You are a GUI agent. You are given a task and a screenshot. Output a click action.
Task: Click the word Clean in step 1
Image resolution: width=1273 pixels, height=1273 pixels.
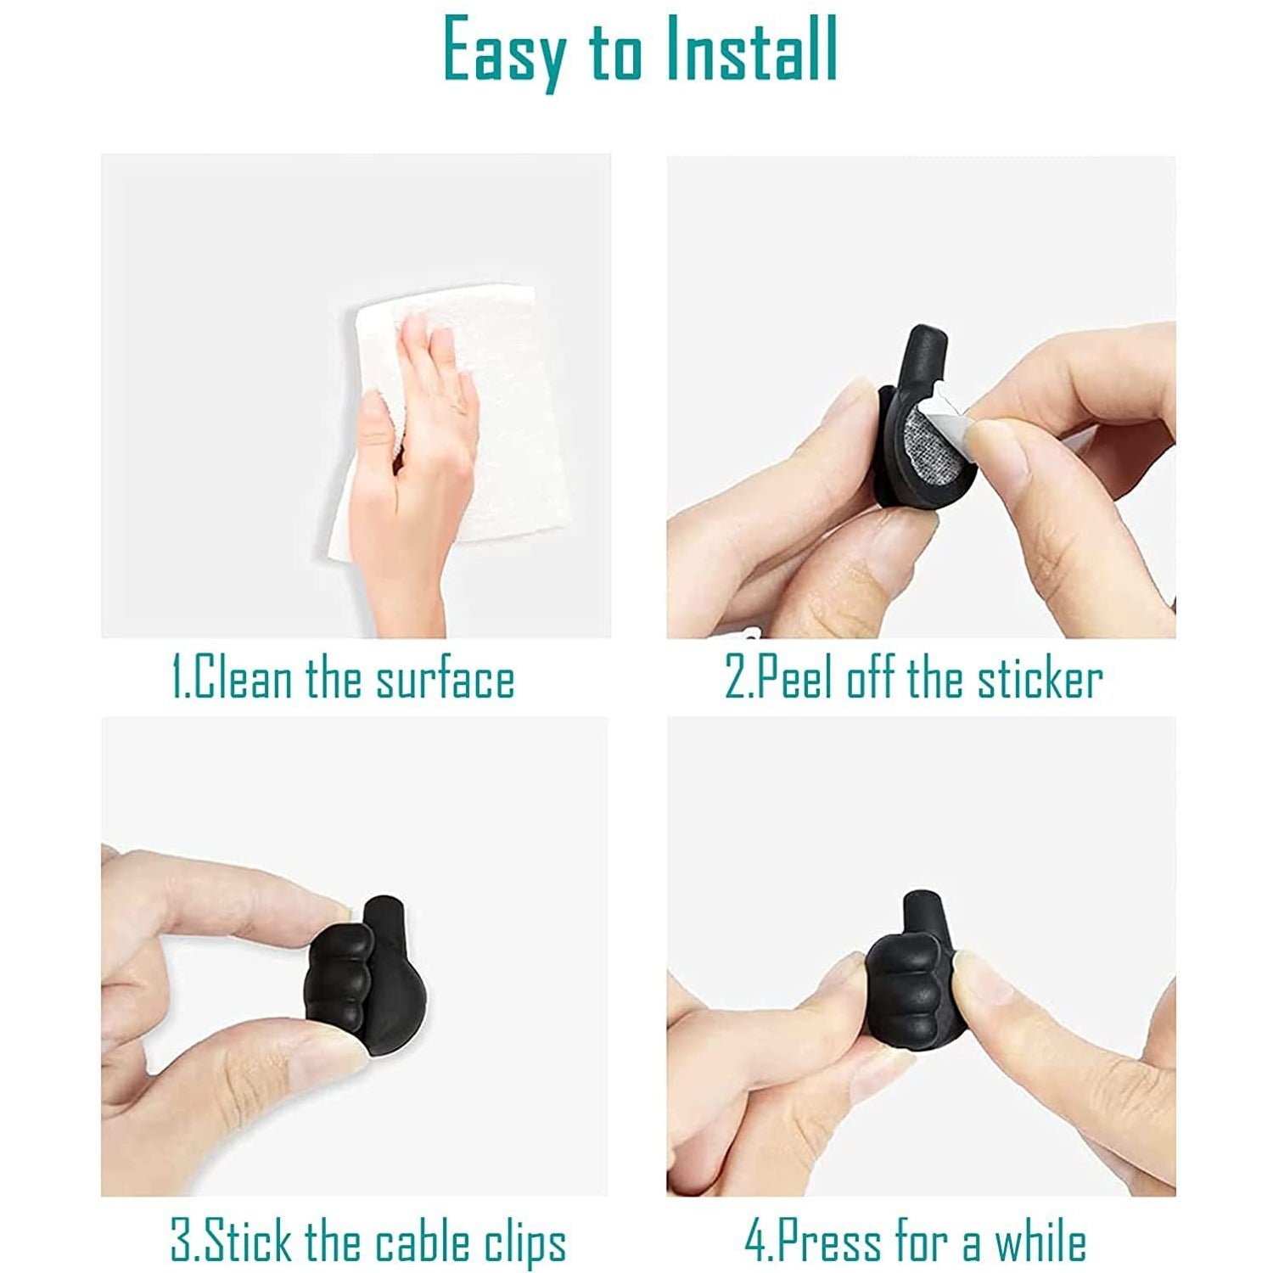pos(244,680)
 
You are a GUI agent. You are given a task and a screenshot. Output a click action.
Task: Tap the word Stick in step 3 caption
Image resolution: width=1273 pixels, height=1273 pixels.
pos(251,1242)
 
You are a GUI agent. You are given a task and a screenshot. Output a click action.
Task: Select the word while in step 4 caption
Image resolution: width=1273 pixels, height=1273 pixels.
pos(1040,1242)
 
